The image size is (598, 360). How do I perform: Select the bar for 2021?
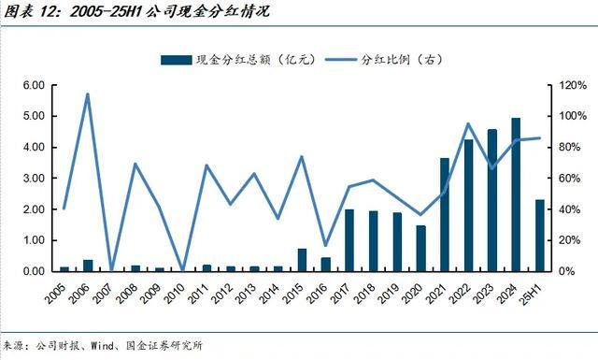point(445,214)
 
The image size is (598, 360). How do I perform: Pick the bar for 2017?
point(349,240)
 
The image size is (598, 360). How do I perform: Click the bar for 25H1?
point(540,235)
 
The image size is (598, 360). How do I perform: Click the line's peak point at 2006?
point(88,94)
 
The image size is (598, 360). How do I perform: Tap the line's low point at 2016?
point(325,245)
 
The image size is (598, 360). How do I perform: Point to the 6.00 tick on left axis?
point(34,85)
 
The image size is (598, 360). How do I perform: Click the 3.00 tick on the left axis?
point(34,178)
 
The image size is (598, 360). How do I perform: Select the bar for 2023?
point(492,200)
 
